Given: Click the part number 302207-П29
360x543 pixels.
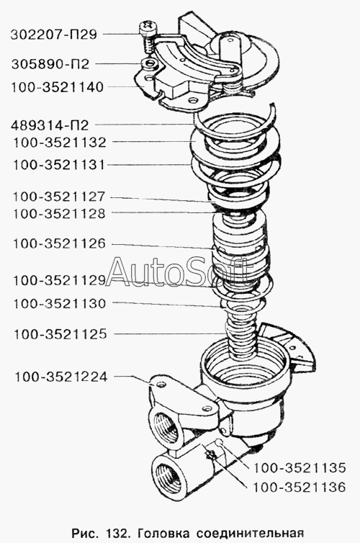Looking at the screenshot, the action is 54,35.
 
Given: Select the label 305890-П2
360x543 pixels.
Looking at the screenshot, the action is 50,64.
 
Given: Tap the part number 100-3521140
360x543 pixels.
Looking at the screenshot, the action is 58,87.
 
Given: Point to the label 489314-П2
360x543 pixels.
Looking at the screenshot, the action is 50,125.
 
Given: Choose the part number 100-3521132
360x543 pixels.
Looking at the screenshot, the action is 59,143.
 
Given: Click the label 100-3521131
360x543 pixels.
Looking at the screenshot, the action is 58,164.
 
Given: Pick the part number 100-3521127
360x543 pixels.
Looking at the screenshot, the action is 59,197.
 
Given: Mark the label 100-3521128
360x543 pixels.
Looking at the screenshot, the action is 59,214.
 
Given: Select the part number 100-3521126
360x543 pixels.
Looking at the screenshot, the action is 59,244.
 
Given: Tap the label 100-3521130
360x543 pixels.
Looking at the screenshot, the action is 59,304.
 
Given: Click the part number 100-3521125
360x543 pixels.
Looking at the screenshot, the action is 60,334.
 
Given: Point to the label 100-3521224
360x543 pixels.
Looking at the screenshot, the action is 61,377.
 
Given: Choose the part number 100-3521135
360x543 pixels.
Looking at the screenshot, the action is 300,468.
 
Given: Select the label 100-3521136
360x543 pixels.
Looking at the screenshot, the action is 300,488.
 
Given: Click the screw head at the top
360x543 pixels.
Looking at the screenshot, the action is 148,27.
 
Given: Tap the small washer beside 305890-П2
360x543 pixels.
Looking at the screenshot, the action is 150,63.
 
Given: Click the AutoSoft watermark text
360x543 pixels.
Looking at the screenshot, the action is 176,271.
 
